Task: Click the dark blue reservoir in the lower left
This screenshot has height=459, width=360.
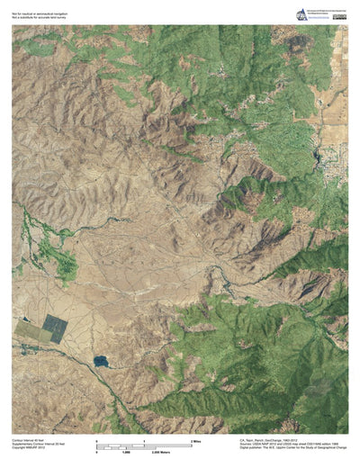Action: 100,361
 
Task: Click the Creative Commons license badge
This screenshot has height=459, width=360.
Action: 340,13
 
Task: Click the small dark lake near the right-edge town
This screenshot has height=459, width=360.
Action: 317,162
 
